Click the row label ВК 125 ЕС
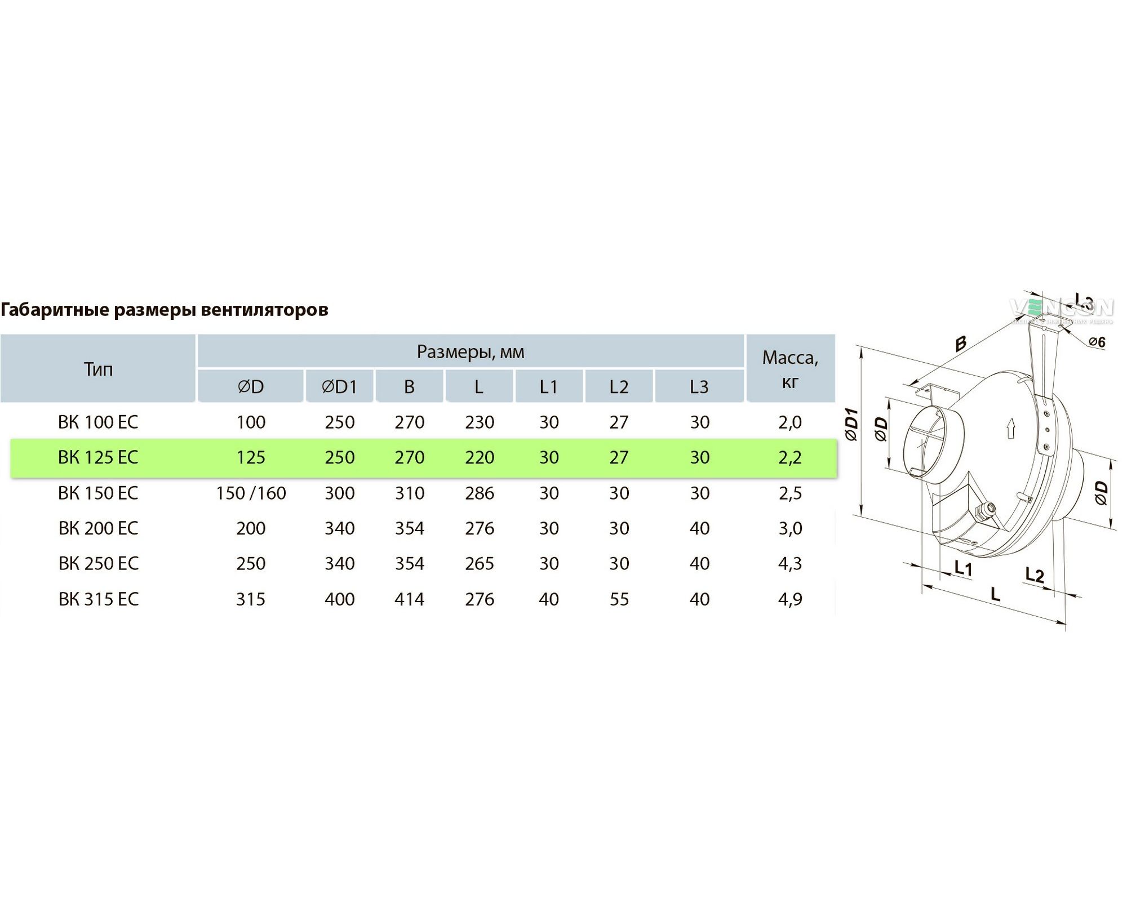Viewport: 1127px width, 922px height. pyautogui.click(x=98, y=457)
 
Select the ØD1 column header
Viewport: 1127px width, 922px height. pyautogui.click(x=339, y=387)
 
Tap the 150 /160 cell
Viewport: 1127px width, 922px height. pyautogui.click(x=251, y=493)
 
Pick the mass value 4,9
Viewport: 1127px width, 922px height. pyautogui.click(x=790, y=599)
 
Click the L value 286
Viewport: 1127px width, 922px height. pyautogui.click(x=480, y=493)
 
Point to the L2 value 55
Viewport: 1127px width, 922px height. pyautogui.click(x=619, y=599)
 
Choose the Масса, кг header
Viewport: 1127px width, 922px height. pyautogui.click(x=790, y=369)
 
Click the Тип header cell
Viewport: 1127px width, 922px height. pyautogui.click(x=98, y=369)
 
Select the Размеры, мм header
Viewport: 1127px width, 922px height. pyautogui.click(x=471, y=352)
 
